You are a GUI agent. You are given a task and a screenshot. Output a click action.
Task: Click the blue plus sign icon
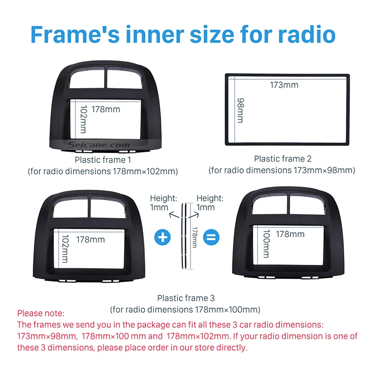click(162, 237)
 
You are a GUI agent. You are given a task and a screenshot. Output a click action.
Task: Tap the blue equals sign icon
click(211, 237)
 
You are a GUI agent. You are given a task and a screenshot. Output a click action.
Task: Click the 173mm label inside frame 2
click(284, 85)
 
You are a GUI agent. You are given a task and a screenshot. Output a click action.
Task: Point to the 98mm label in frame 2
click(240, 110)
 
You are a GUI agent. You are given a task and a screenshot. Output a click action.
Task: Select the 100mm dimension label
click(266, 244)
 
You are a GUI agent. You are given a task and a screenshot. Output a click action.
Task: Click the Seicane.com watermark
click(98, 145)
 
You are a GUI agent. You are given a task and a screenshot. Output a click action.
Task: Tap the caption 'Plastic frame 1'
click(103, 160)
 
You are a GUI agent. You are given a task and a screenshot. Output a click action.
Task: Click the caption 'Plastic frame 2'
click(283, 158)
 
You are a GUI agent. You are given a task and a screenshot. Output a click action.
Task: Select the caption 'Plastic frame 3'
click(186, 298)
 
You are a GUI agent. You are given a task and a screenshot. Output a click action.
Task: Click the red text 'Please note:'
click(41, 313)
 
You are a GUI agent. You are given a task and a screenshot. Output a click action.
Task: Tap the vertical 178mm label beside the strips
click(195, 237)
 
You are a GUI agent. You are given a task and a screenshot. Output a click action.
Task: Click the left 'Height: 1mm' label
click(163, 202)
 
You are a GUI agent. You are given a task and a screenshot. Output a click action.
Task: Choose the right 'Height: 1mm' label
click(210, 202)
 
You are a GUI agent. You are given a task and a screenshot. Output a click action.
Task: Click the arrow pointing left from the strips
click(174, 215)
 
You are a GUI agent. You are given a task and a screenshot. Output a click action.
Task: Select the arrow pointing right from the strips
click(194, 215)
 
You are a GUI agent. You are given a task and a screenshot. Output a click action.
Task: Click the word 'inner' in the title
click(155, 35)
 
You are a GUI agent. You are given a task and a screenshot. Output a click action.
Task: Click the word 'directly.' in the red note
click(232, 347)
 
